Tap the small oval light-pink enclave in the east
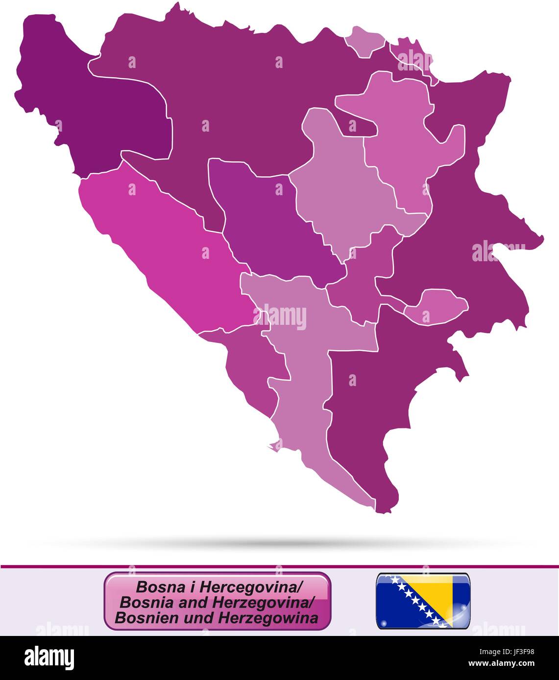coord(436,306)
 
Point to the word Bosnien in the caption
coord(139,618)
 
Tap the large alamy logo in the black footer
coord(49,658)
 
